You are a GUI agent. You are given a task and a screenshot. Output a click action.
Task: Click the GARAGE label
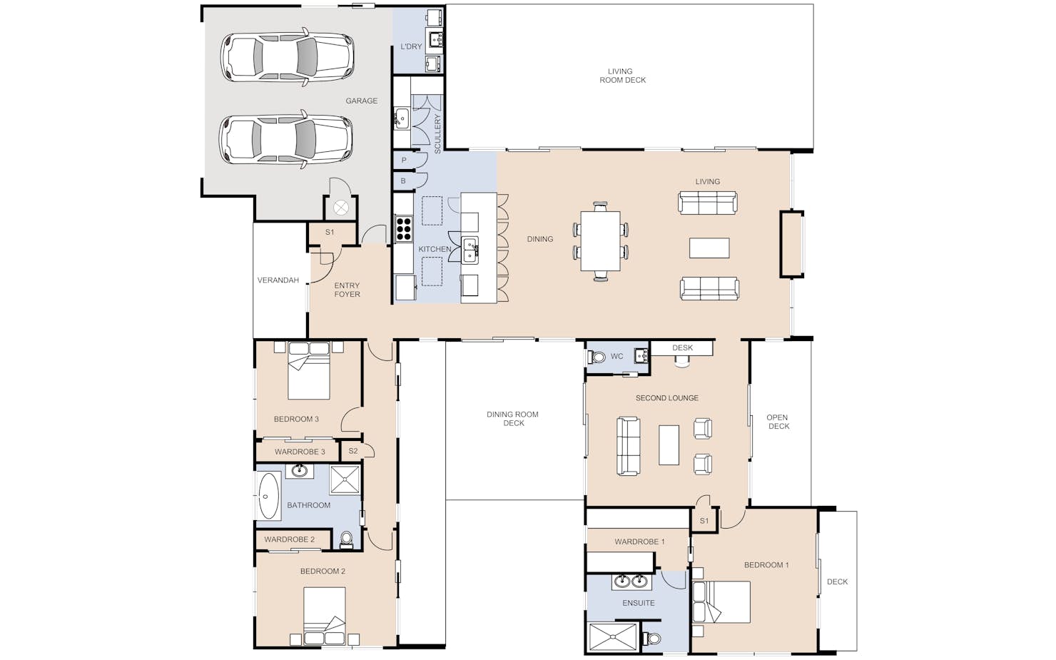[x=361, y=101]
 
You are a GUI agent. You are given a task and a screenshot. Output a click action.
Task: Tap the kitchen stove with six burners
[x=404, y=228]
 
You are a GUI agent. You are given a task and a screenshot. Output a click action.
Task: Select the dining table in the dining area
[x=600, y=241]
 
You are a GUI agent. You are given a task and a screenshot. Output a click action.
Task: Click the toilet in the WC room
[x=596, y=357]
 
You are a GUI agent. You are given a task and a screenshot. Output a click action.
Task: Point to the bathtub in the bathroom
[x=269, y=496]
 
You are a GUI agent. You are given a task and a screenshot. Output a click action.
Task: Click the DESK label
[x=682, y=348]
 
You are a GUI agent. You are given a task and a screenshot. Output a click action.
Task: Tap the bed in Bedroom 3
[x=309, y=371]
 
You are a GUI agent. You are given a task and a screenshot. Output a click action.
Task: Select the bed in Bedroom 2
[x=325, y=616]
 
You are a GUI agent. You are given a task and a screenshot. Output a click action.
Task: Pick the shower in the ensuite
[x=613, y=638]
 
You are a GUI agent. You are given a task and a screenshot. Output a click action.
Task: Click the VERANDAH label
[x=278, y=280]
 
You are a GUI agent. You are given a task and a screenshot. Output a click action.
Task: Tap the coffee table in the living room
[x=709, y=248]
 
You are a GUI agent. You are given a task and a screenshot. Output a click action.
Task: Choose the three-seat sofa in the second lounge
[x=629, y=446]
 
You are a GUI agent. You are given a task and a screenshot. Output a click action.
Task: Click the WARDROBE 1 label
[x=639, y=542]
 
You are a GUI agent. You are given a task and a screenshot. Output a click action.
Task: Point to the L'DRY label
[x=411, y=46]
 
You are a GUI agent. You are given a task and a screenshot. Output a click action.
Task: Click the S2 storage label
[x=353, y=451]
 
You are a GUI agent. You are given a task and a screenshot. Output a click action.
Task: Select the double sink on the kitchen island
[x=470, y=250]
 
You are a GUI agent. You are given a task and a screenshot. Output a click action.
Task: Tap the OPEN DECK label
[x=778, y=422]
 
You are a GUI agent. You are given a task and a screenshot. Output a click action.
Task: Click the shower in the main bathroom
[x=345, y=480]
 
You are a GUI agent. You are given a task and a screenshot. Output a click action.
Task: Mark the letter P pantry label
[x=404, y=161]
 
